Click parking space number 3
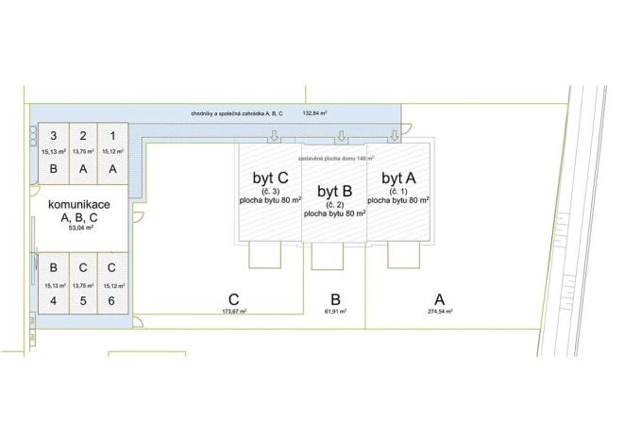(x=54, y=135)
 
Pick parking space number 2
(x=83, y=135)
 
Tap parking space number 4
(x=54, y=301)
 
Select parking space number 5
(x=83, y=301)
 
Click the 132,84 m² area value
(x=314, y=113)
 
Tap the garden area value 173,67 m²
(x=233, y=311)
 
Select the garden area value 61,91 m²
(x=334, y=311)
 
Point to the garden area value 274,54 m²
(x=440, y=311)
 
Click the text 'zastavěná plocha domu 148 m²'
(x=337, y=159)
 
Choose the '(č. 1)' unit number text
(x=398, y=191)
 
